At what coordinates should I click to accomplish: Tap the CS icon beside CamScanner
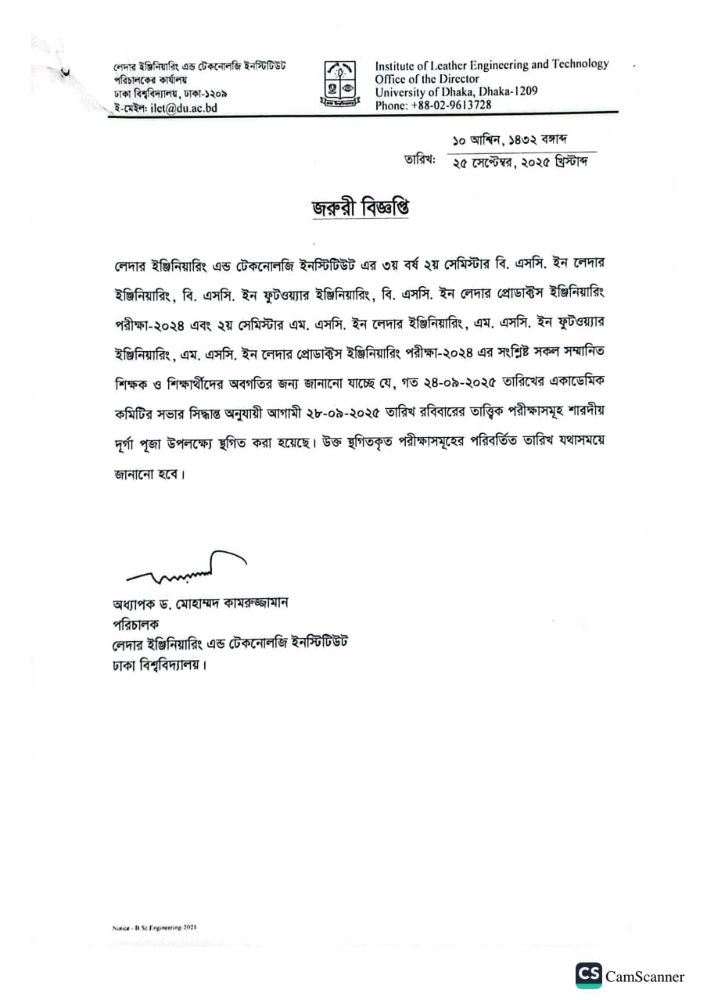[589, 975]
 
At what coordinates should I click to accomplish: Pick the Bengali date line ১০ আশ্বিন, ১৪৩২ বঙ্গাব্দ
[509, 140]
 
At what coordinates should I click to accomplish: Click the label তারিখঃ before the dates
[418, 160]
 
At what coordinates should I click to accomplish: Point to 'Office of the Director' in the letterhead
[427, 78]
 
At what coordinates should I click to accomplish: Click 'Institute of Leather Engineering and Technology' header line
[491, 65]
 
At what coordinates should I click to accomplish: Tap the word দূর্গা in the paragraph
[129, 443]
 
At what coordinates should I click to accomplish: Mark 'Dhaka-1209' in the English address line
[509, 91]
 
